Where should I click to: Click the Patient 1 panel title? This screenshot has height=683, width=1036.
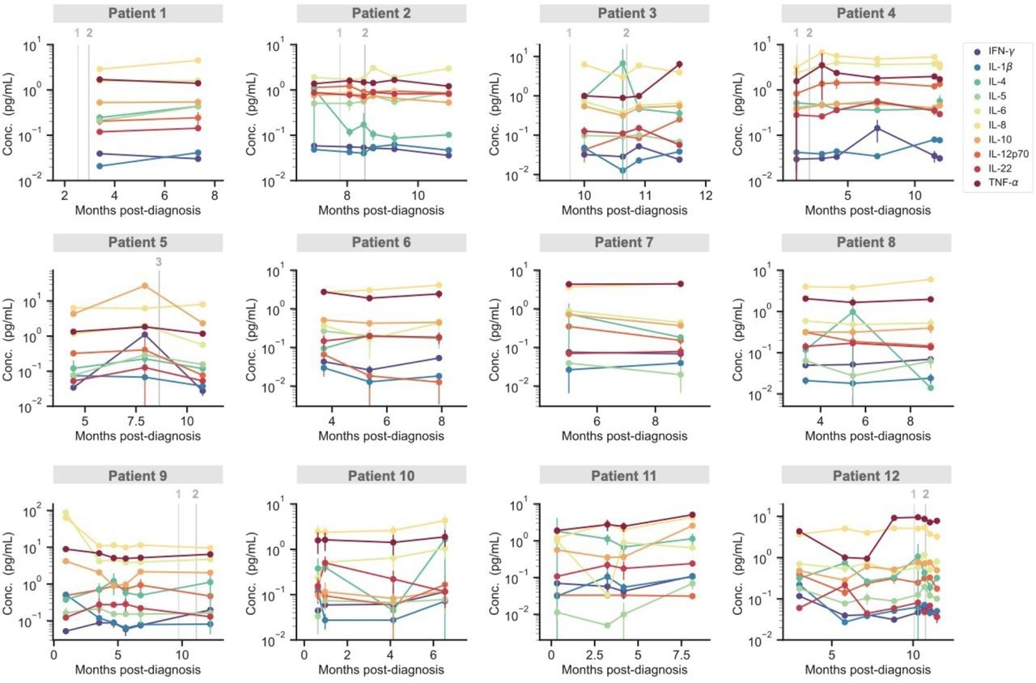tap(138, 13)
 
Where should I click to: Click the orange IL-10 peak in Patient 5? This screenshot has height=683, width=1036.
tap(144, 285)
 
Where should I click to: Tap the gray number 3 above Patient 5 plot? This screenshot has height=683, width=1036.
tap(159, 261)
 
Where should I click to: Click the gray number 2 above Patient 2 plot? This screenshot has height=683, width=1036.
tap(365, 32)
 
